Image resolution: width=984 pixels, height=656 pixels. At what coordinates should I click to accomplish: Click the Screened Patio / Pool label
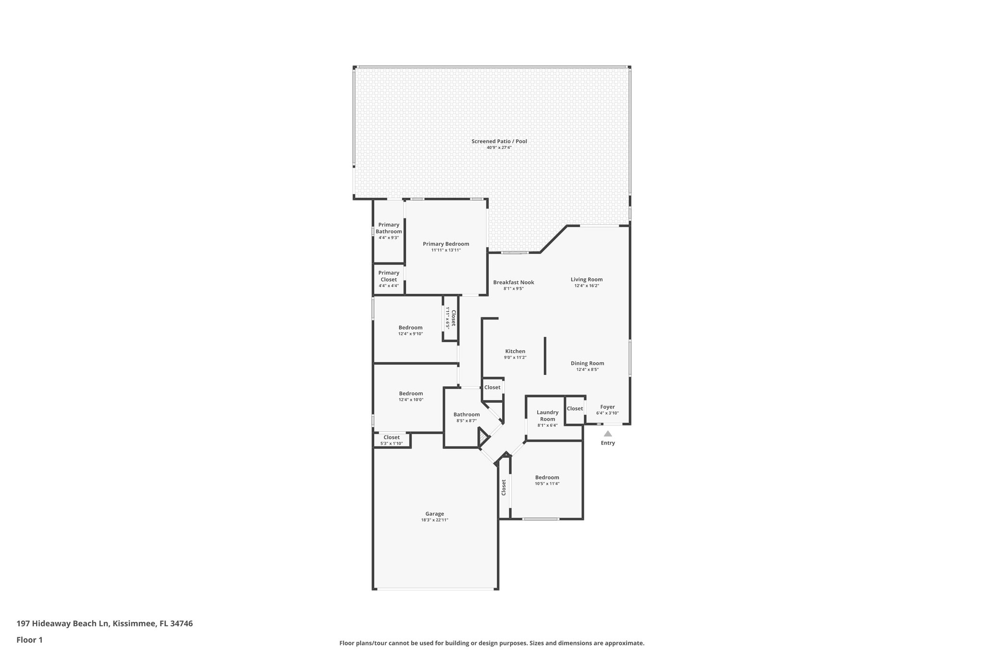pyautogui.click(x=499, y=141)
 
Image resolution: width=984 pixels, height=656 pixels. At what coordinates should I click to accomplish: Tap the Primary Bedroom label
pyautogui.click(x=446, y=244)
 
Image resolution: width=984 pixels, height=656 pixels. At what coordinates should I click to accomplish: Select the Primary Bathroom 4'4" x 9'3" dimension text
pyautogui.click(x=389, y=238)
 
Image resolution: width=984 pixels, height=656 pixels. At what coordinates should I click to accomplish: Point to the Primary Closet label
pyautogui.click(x=389, y=276)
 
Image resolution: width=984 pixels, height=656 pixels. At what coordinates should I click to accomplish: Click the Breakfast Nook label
pyautogui.click(x=513, y=283)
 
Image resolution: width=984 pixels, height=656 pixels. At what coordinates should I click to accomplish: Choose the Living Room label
pyautogui.click(x=586, y=279)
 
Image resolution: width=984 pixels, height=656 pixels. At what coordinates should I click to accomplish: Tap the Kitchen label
pyautogui.click(x=515, y=351)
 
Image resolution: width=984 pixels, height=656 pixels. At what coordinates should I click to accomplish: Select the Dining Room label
pyautogui.click(x=587, y=363)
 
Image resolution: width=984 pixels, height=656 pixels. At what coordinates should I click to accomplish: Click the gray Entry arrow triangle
pyautogui.click(x=608, y=433)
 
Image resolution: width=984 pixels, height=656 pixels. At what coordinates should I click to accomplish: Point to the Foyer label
pyautogui.click(x=607, y=407)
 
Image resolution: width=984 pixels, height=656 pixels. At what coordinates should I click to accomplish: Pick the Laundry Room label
pyautogui.click(x=547, y=415)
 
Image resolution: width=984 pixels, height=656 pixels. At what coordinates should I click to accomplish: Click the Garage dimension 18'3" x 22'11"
pyautogui.click(x=434, y=520)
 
